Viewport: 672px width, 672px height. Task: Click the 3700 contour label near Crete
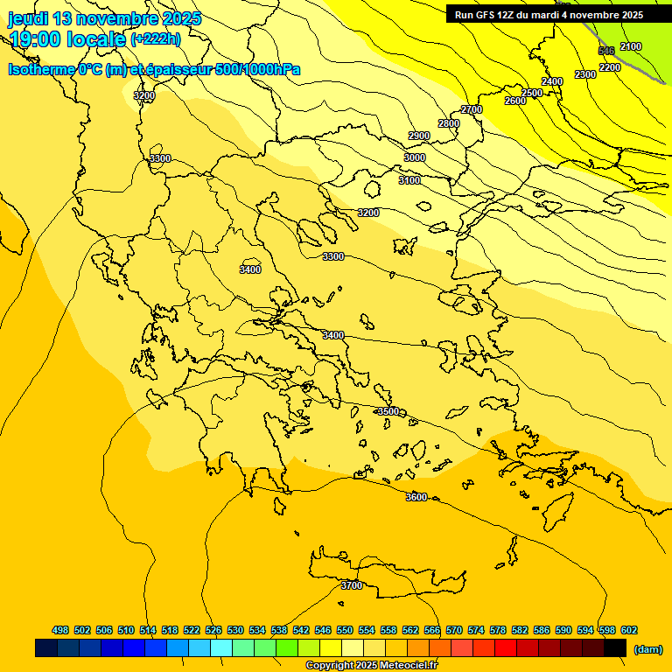(352, 585)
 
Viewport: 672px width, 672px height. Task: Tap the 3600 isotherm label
(416, 497)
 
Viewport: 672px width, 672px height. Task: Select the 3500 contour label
(388, 411)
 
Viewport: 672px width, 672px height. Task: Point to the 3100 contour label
(409, 180)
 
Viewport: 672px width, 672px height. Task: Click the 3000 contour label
(415, 157)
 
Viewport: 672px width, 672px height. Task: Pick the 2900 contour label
(419, 136)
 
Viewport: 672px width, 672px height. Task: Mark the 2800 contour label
(449, 123)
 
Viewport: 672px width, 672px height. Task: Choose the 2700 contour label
(472, 109)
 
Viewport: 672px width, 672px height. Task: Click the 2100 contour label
(630, 46)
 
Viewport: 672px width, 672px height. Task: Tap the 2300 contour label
(585, 74)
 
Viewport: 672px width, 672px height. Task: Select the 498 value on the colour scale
(60, 630)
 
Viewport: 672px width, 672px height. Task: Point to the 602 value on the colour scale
(629, 630)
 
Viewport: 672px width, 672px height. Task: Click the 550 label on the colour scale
(345, 630)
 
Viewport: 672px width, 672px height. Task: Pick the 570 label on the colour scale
(454, 630)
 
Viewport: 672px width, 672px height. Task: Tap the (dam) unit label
(648, 649)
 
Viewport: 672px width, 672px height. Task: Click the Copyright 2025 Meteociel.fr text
(371, 666)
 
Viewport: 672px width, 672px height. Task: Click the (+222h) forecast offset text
(155, 39)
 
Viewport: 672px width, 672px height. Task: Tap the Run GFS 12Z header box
(549, 15)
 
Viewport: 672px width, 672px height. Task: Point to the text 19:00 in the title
(36, 39)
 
